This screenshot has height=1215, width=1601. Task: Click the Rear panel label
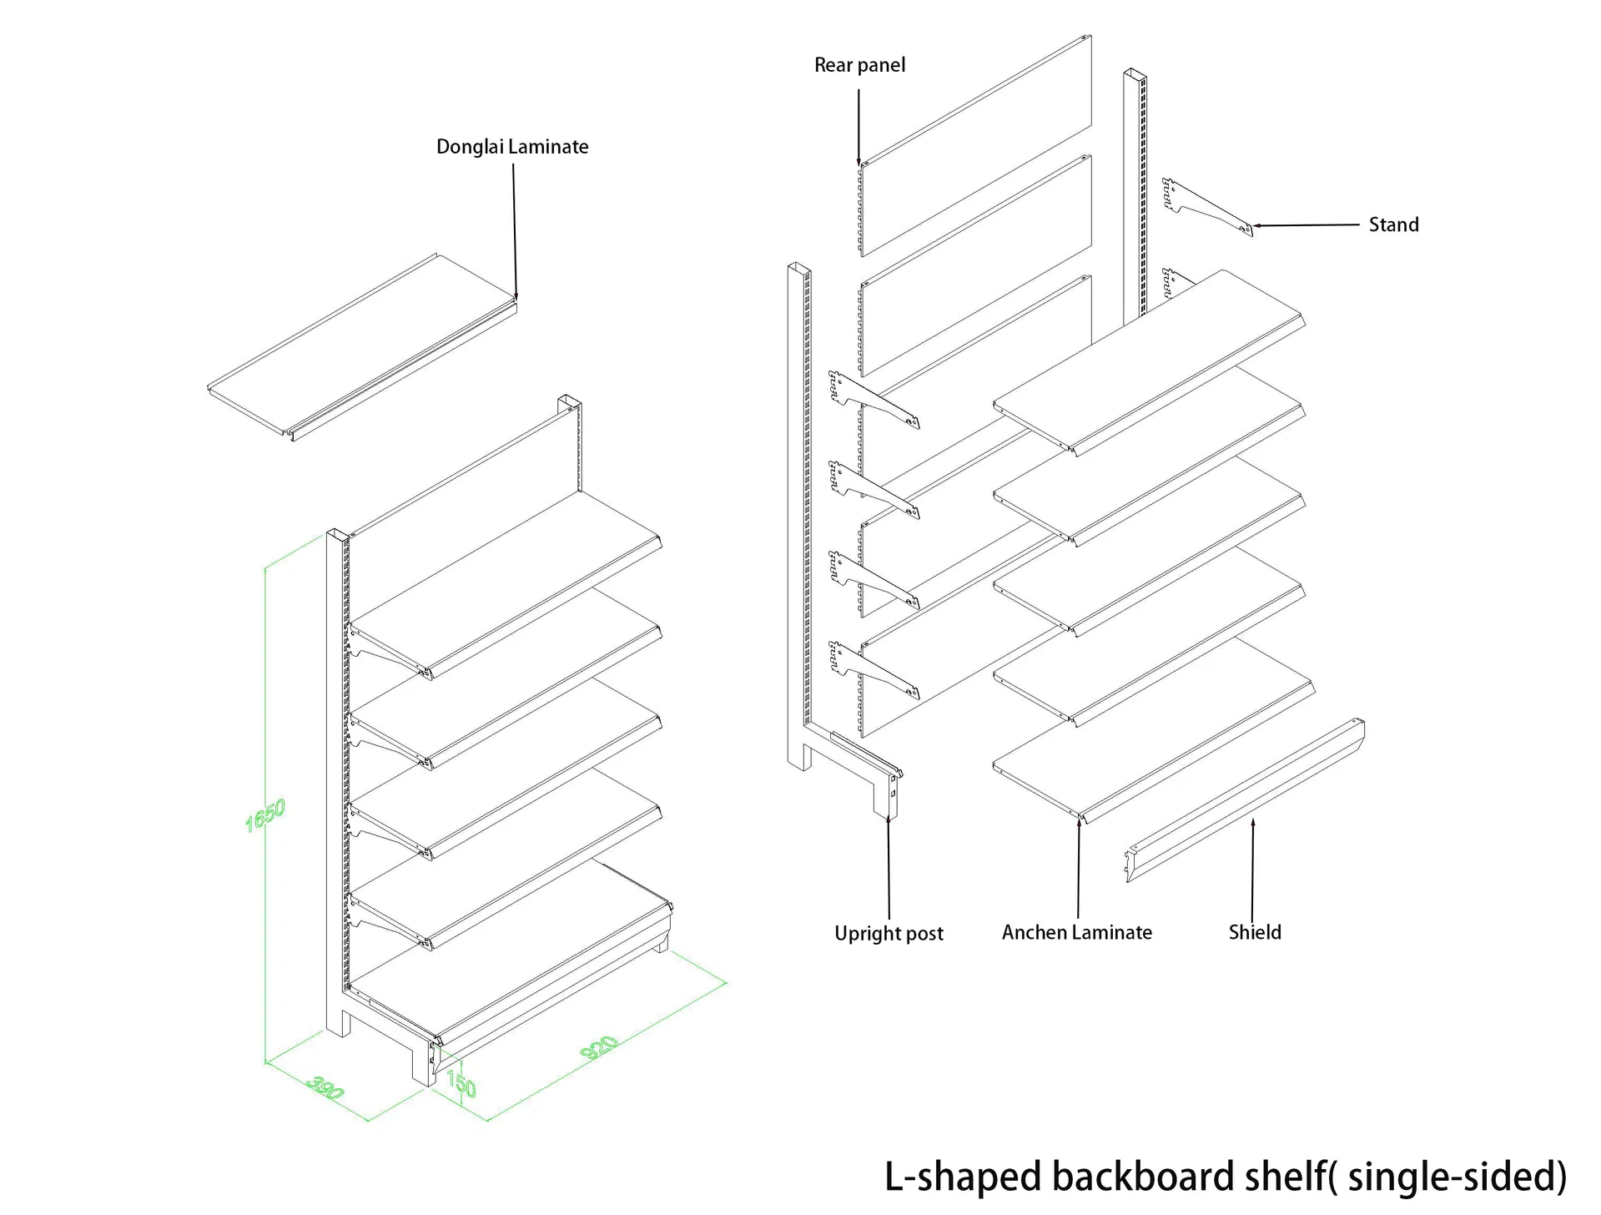[x=859, y=65]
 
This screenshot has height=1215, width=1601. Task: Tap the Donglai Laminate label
[x=512, y=147]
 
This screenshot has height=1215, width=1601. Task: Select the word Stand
[x=1393, y=224]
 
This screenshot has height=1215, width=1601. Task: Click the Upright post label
[x=889, y=933]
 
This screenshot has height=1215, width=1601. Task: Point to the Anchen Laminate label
[x=1076, y=932]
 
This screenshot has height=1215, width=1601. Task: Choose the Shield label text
[x=1254, y=932]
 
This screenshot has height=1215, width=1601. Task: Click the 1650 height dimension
[x=265, y=815]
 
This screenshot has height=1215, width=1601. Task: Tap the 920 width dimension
[x=599, y=1048]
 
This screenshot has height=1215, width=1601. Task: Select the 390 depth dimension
[x=325, y=1088]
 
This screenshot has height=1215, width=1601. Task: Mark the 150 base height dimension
[x=461, y=1084]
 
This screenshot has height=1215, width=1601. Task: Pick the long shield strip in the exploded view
[x=1243, y=801]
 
